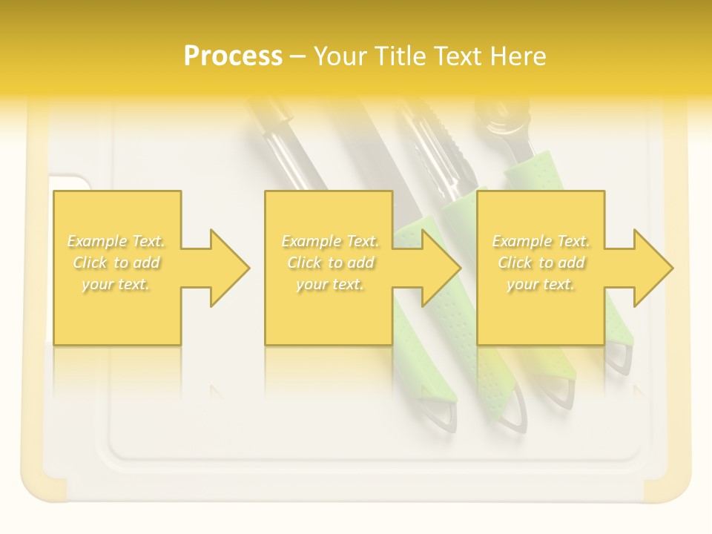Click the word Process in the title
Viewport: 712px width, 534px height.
coord(233,56)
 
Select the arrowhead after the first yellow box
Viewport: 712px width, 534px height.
coord(226,268)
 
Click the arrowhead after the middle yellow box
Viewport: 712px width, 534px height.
coord(438,268)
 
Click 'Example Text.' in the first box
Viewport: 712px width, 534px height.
coord(116,241)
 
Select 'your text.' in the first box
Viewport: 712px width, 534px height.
coord(116,284)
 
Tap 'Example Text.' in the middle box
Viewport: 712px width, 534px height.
coord(330,241)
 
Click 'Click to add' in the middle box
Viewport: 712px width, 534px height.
coord(330,263)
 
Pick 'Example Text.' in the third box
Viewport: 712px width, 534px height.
coord(541,241)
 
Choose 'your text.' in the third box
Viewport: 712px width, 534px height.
coord(541,284)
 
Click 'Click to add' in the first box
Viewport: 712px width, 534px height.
coord(116,263)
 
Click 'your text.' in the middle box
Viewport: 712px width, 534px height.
coord(330,284)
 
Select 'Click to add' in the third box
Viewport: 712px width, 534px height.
coord(541,263)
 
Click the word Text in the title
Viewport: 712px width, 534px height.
coord(461,56)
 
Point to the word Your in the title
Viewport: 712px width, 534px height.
coord(341,56)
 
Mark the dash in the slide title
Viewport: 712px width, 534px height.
coord(298,56)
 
